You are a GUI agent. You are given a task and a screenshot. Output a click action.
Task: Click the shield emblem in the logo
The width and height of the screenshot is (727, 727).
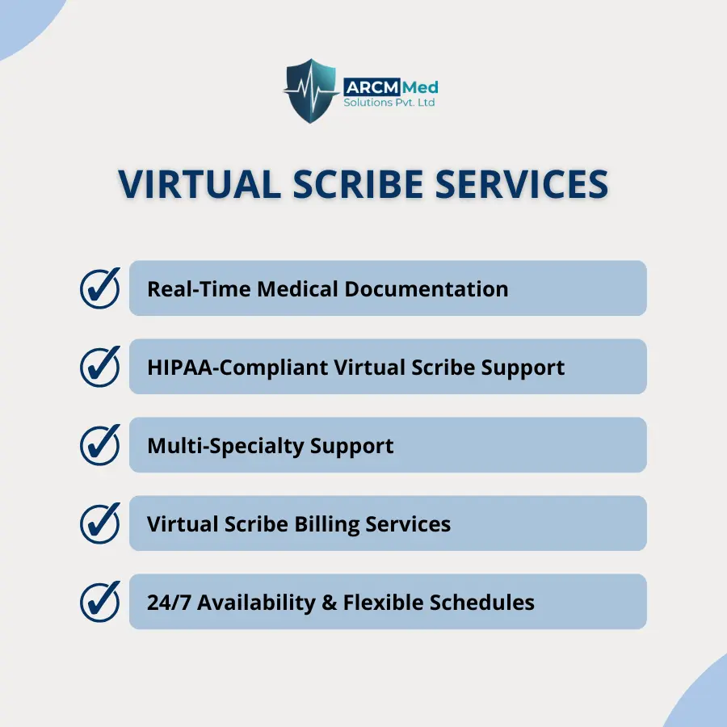311,90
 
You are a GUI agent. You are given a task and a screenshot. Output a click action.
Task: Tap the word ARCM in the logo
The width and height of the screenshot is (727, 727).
372,87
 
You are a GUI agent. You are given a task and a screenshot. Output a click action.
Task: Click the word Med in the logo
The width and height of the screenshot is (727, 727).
420,87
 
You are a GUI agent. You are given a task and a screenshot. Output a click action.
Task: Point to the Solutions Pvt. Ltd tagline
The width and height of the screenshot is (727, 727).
389,102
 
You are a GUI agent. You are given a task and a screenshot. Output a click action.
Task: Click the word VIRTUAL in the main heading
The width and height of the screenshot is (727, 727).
200,184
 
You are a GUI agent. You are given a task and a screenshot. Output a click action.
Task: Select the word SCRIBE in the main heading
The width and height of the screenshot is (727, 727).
358,184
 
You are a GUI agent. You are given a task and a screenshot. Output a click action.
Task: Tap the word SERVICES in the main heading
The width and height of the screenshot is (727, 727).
522,184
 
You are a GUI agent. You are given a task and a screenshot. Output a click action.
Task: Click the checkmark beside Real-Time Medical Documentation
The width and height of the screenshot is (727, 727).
100,288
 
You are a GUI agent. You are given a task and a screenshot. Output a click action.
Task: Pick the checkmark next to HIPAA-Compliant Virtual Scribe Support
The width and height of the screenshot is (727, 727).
100,366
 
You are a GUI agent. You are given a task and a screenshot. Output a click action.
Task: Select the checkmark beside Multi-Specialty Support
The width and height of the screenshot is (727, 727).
100,444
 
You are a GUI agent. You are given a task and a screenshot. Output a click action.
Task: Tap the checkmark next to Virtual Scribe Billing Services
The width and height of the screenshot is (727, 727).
100,523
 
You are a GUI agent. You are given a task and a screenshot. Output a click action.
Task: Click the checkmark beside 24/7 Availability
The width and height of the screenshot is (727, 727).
100,601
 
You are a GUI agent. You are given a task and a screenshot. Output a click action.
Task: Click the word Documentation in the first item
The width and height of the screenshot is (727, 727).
426,289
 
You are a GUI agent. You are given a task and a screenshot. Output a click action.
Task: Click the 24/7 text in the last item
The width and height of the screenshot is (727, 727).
169,603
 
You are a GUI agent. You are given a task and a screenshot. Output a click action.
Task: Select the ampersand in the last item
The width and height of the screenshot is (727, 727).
329,603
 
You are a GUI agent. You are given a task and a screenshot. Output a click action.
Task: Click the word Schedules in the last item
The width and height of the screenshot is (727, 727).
481,603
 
